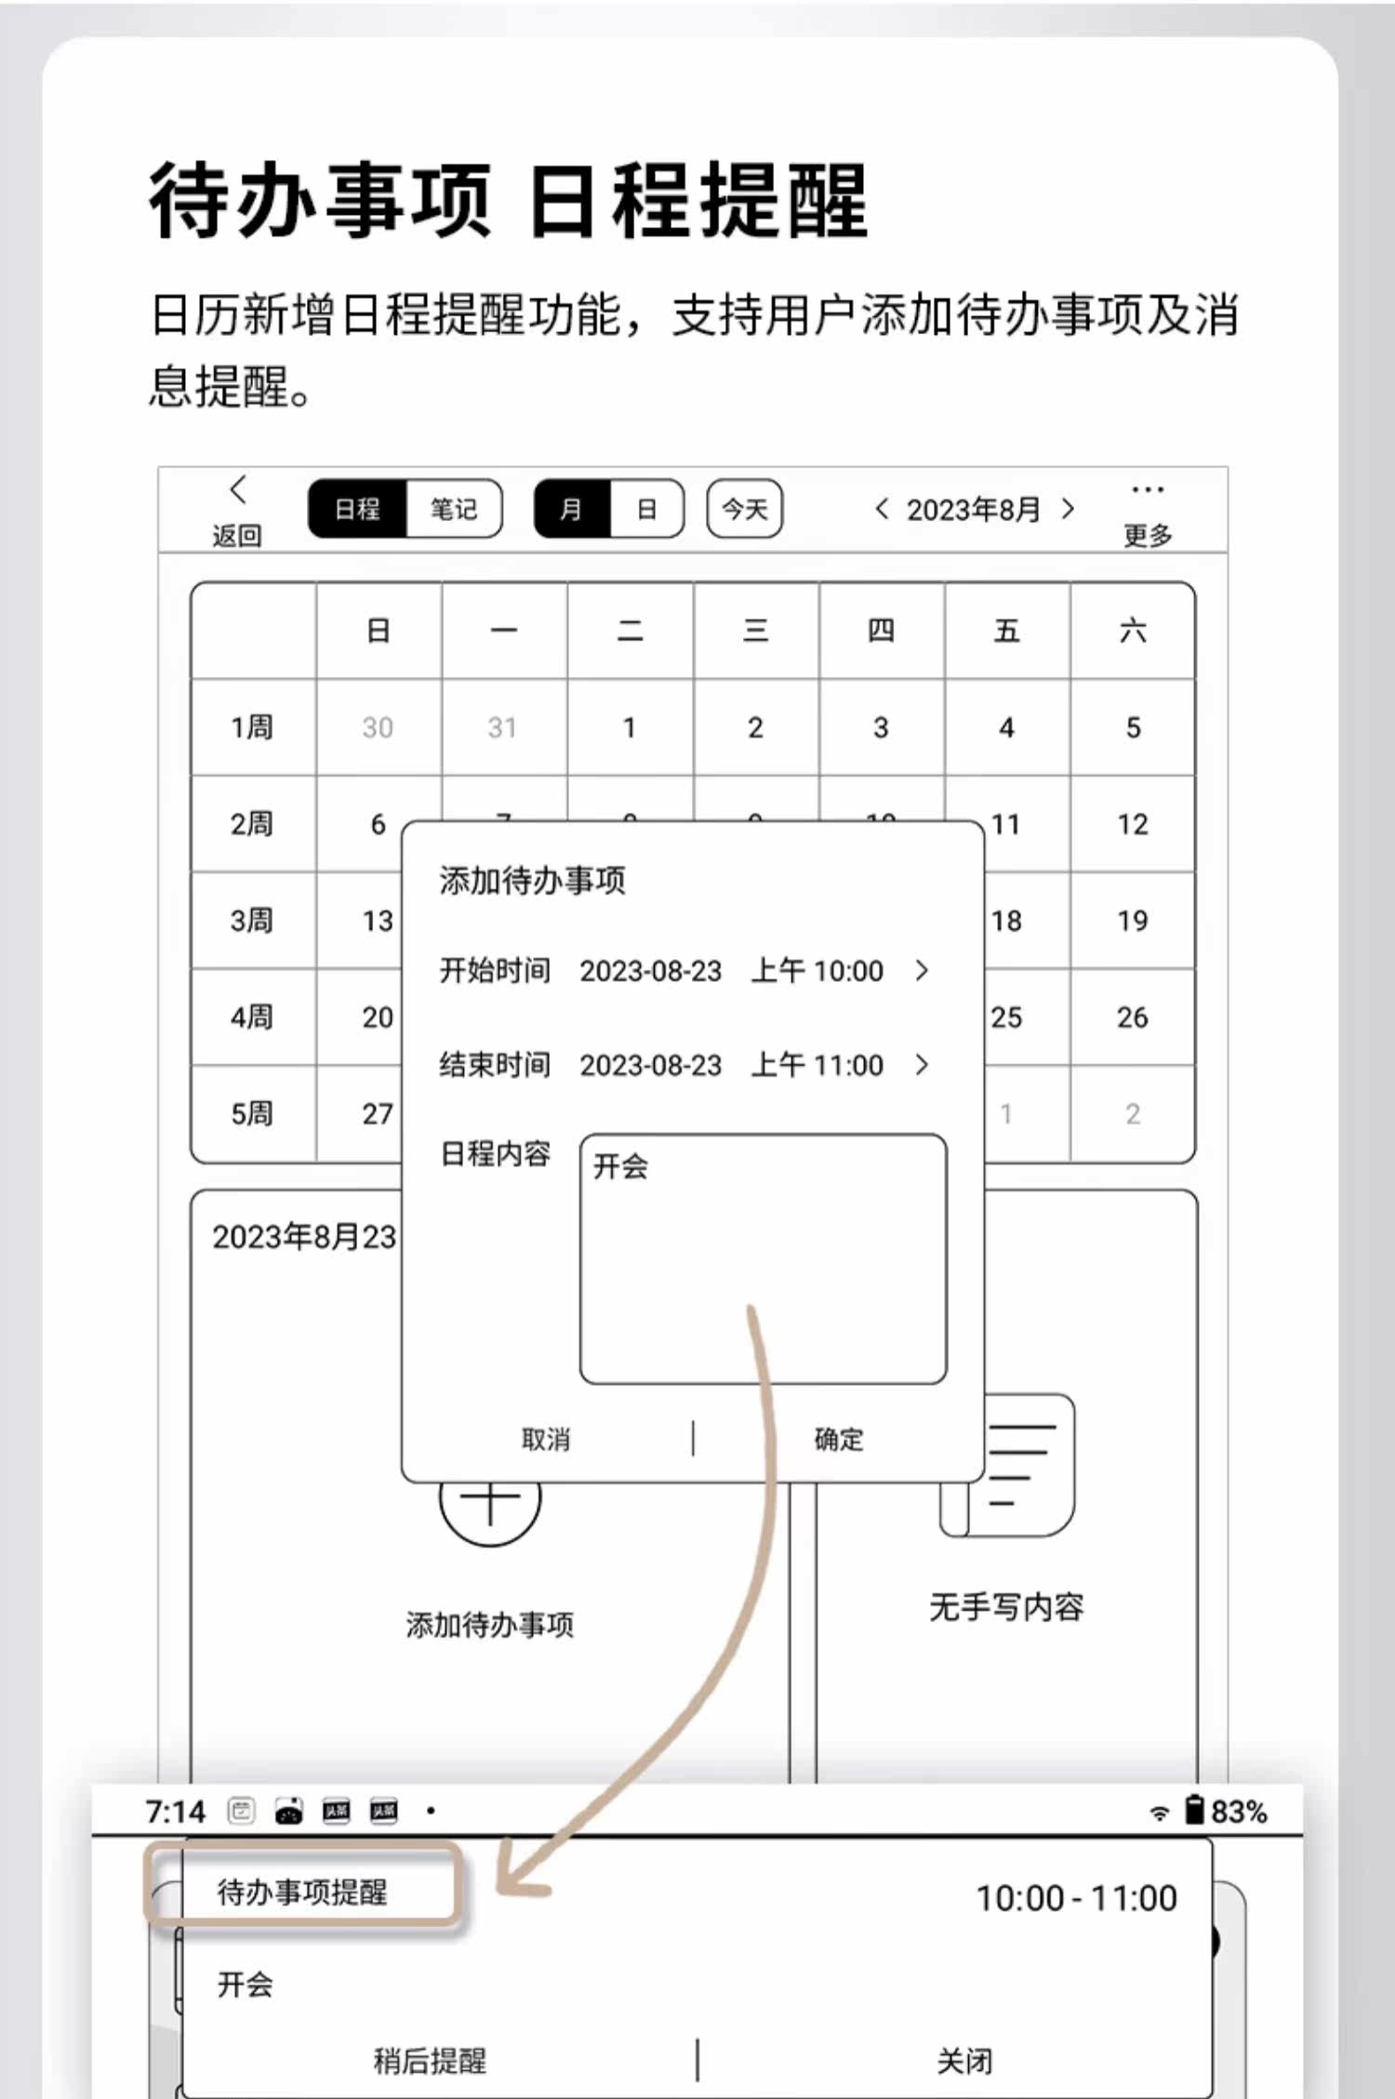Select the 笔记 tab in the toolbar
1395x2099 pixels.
[453, 510]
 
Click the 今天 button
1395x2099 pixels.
[744, 510]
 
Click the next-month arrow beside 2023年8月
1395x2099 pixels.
[1068, 509]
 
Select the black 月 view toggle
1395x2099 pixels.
[571, 510]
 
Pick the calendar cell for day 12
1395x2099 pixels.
[1132, 824]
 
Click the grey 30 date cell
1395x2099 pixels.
[378, 727]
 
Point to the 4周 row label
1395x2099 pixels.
[252, 1017]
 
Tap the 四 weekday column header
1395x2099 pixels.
[881, 631]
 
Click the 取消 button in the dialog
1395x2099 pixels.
[546, 1440]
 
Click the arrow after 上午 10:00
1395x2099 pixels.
[922, 971]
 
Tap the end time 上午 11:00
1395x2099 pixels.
[817, 1065]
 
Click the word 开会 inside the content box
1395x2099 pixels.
[620, 1166]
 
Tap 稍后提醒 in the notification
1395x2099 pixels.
[430, 2061]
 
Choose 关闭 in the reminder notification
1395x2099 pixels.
[964, 2061]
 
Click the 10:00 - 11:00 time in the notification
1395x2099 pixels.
[1076, 1897]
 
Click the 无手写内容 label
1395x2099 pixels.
[1006, 1607]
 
